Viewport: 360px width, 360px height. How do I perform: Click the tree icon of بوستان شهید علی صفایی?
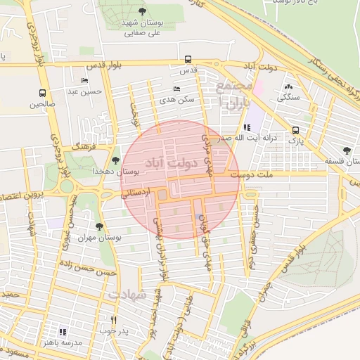coord(143,11)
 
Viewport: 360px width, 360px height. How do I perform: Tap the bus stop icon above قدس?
coord(188,60)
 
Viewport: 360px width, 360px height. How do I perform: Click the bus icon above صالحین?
coord(43,93)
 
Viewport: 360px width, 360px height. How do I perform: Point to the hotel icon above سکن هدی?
coord(176,89)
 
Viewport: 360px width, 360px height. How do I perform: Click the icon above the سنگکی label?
coord(289,86)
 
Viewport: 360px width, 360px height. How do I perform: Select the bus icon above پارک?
coord(295,130)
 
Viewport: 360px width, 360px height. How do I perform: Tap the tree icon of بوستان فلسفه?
coord(347,150)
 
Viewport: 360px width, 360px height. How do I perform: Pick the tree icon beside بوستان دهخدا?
coord(115,160)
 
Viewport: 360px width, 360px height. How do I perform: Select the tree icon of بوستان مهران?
coord(98,226)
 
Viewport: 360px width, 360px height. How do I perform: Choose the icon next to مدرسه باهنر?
coord(63,331)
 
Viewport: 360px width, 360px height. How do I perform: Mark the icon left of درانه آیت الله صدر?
coord(246,127)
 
